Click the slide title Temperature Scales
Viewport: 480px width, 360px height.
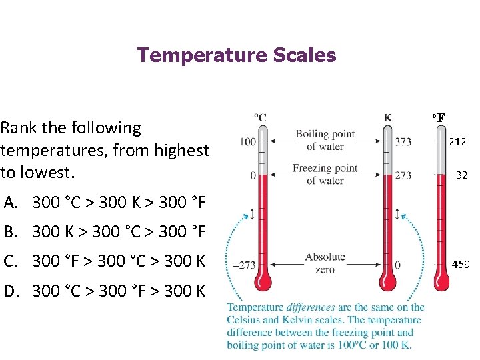click(x=237, y=55)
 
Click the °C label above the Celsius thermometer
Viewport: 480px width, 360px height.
click(x=260, y=118)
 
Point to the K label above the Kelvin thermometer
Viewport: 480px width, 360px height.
click(x=387, y=118)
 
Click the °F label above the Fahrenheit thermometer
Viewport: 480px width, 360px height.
click(x=437, y=118)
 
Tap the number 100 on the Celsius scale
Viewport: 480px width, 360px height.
click(x=247, y=141)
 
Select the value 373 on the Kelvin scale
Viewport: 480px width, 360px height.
click(x=403, y=141)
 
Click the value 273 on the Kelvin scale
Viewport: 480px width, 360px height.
click(x=403, y=175)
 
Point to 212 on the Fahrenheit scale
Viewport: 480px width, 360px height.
click(x=457, y=142)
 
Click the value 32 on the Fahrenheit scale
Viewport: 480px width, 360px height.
click(x=461, y=176)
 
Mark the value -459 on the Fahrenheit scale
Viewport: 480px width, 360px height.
click(x=459, y=265)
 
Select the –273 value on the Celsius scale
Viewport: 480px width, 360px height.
click(x=245, y=265)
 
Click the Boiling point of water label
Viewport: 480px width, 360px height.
click(x=325, y=141)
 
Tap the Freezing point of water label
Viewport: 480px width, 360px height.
click(x=325, y=174)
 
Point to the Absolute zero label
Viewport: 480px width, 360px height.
click(x=325, y=263)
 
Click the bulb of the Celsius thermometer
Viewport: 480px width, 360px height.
click(x=261, y=279)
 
